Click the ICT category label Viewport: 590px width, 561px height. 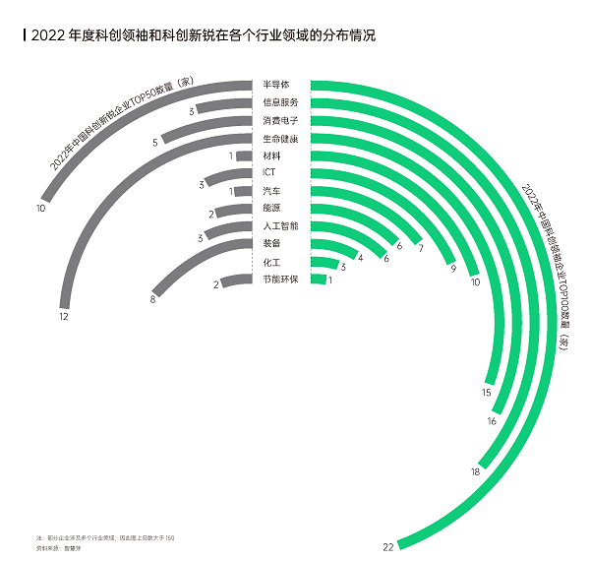pyautogui.click(x=269, y=173)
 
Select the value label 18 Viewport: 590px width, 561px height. pyautogui.click(x=476, y=472)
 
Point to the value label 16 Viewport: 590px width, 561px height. pyautogui.click(x=492, y=421)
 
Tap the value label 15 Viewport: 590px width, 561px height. pyautogui.click(x=486, y=393)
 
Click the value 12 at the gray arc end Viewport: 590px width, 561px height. pyautogui.click(x=63, y=316)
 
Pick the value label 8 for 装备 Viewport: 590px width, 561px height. pyautogui.click(x=152, y=299)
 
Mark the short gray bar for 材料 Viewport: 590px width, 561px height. pyautogui.click(x=244, y=156)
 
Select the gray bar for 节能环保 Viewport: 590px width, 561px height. pyautogui.click(x=236, y=281)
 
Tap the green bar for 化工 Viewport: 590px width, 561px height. pyautogui.click(x=324, y=262)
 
